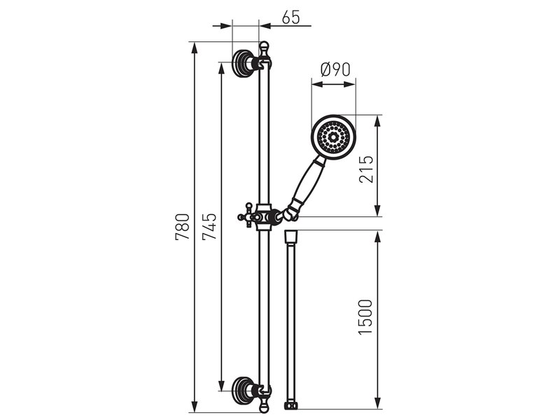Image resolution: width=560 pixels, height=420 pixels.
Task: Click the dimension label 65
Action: [x=290, y=17]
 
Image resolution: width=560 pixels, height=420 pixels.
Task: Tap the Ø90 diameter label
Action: [x=335, y=69]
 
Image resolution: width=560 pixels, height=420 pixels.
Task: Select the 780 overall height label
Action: [x=182, y=226]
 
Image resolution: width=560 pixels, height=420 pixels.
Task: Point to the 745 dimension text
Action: [x=209, y=226]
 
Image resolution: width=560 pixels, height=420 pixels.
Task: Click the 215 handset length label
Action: [x=365, y=169]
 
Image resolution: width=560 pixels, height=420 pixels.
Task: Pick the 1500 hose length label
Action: [x=365, y=317]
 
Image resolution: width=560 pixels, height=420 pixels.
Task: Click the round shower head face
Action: [x=334, y=136]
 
